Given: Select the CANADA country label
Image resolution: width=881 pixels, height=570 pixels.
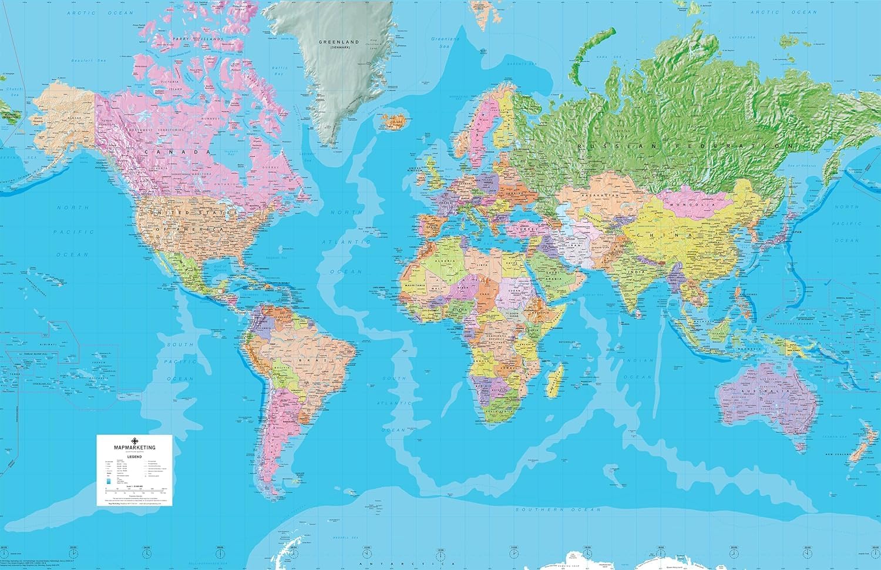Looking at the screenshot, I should tap(170, 152).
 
